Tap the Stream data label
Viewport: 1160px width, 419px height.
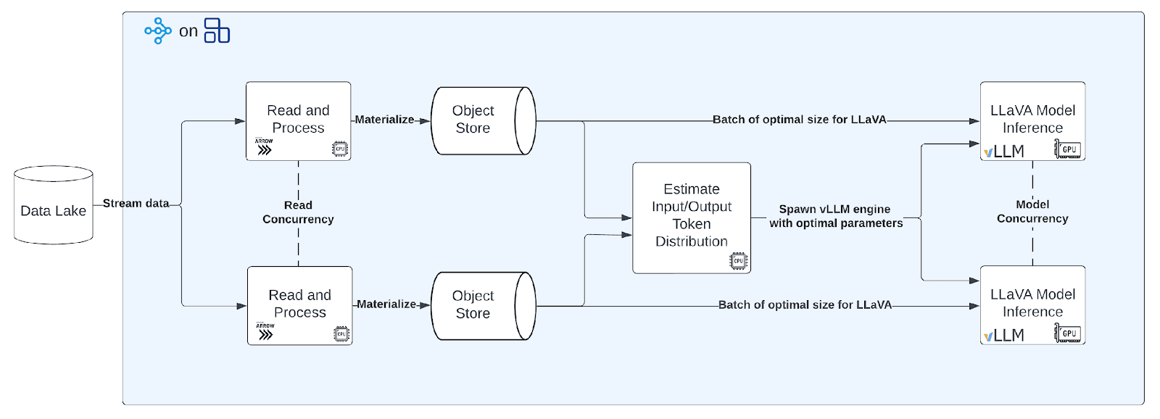tap(136, 204)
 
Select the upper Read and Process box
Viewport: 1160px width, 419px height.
tap(298, 120)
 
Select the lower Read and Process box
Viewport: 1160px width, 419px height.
tap(299, 304)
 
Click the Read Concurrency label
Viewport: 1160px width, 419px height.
tap(298, 212)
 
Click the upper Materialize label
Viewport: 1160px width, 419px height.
tap(384, 120)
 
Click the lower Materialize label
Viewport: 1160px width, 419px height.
tap(386, 304)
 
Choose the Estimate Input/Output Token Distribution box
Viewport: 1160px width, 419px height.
tap(691, 215)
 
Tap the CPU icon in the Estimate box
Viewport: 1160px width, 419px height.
tap(738, 261)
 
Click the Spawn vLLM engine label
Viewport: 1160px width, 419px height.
tap(835, 216)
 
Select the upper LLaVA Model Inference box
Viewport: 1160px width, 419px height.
tap(1032, 120)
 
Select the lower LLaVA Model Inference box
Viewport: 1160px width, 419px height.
tap(1032, 304)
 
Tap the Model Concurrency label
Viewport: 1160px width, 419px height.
tap(1032, 212)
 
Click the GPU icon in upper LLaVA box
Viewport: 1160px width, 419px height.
tap(1068, 149)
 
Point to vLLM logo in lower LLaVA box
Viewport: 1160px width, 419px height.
tap(1004, 336)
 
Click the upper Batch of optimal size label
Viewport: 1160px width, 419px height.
tap(799, 120)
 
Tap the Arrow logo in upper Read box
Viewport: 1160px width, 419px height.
tap(264, 148)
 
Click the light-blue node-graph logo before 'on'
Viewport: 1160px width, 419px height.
tap(157, 31)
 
